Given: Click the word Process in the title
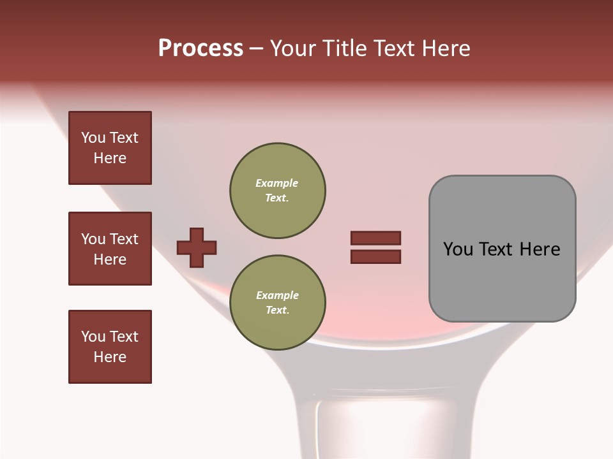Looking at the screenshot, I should (201, 48).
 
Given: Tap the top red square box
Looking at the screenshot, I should (110, 148).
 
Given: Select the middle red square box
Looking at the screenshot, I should (110, 249).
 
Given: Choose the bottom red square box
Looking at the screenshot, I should (110, 347).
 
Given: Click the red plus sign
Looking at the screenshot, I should (197, 247).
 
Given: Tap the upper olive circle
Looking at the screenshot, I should (277, 191).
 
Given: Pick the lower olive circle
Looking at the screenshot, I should (277, 303).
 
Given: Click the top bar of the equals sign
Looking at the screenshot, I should (375, 238).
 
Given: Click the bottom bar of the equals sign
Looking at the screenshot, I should (375, 256).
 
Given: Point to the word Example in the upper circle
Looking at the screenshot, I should (276, 183).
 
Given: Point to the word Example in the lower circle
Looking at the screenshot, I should (277, 295).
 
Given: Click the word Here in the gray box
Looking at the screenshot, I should (540, 249).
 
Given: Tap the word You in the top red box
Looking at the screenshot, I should (93, 138).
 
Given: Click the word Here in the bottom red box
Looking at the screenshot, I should (110, 357).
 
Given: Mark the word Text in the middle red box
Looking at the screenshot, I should (123, 239).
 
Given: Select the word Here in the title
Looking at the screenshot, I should (447, 48).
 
